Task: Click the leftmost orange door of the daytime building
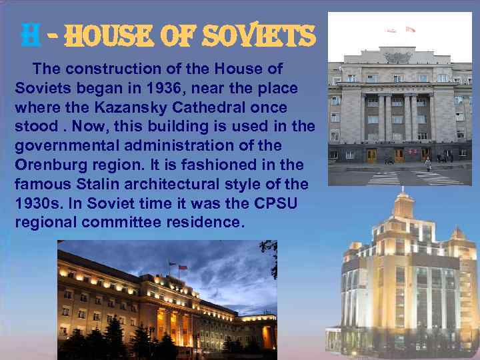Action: pyautogui.click(x=371, y=156)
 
